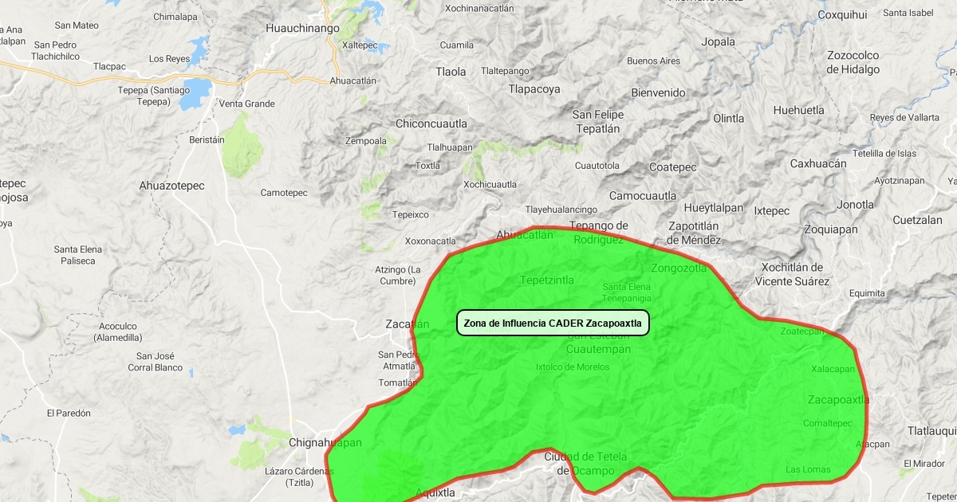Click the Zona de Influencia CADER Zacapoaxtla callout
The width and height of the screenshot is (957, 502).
[x=553, y=323]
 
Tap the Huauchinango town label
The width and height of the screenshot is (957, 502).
[x=302, y=28]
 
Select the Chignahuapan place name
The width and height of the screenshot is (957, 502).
[x=325, y=442]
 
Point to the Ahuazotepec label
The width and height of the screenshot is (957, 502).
[x=171, y=186]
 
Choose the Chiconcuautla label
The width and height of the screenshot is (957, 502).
[x=431, y=124]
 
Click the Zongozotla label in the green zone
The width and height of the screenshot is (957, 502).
[x=679, y=268]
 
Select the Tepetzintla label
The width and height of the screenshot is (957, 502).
[x=546, y=280]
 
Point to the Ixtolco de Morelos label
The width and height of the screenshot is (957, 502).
[x=572, y=367]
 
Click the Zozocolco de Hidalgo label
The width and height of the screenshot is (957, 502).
[x=853, y=62]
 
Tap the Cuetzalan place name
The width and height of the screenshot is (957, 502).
[x=917, y=220]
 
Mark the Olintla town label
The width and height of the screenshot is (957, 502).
[x=728, y=118]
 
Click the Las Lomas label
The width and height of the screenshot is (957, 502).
[x=808, y=469]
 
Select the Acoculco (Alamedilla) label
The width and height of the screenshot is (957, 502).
[x=118, y=331]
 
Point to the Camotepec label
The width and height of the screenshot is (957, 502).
[x=284, y=193]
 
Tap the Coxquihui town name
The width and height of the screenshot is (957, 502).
[x=842, y=14]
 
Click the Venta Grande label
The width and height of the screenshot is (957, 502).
[x=246, y=104]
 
